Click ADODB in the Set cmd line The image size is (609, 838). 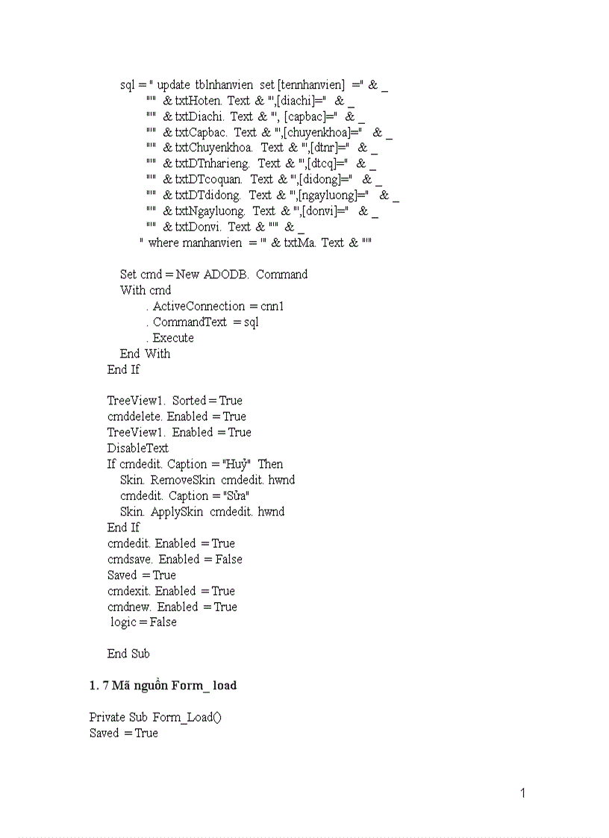tap(228, 274)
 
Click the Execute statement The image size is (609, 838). tap(173, 337)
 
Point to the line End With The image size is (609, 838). tap(145, 354)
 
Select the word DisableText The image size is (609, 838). tap(138, 448)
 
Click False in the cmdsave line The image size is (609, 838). tap(228, 559)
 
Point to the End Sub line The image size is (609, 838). tap(128, 654)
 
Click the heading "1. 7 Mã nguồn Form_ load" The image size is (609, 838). tap(163, 685)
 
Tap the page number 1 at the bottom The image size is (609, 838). tap(522, 793)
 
